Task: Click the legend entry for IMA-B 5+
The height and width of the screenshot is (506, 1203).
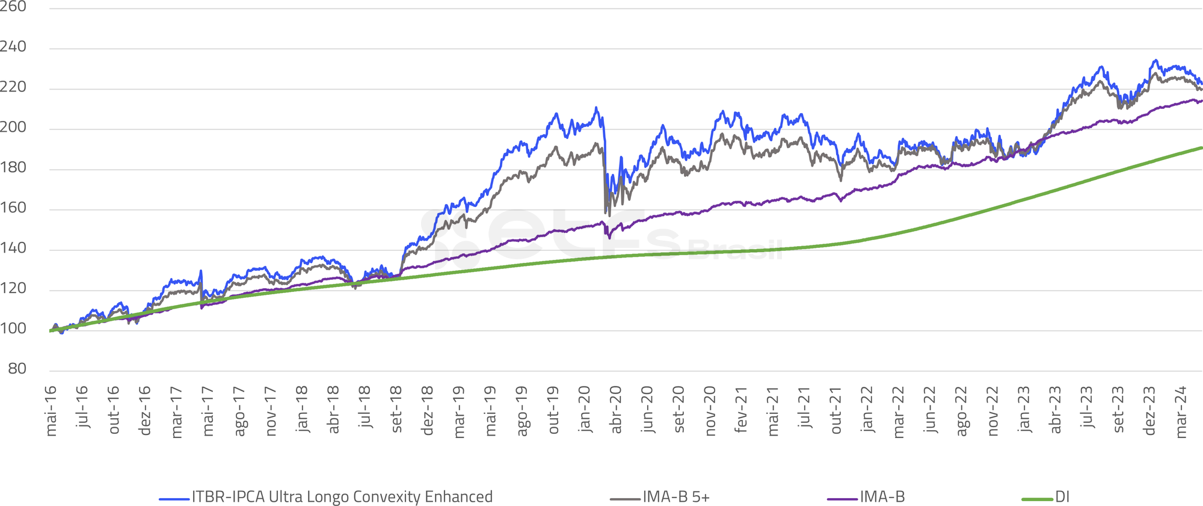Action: point(675,497)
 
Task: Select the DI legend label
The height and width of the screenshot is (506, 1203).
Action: point(1062,497)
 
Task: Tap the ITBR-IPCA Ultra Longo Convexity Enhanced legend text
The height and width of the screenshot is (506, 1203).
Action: point(342,497)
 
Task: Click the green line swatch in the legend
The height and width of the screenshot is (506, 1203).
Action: point(1038,499)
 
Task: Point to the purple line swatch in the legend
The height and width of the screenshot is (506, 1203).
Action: point(842,499)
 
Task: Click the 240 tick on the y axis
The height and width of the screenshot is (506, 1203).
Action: point(13,47)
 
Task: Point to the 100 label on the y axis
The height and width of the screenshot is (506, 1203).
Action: point(13,329)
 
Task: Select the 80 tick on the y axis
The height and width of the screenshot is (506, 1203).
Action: point(17,369)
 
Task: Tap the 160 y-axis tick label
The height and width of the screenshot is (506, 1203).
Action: point(13,208)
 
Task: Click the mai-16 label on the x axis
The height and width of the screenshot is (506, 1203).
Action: point(51,411)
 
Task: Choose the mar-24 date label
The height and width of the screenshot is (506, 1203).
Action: point(1181,412)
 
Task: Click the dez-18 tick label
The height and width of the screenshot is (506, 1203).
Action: point(428,411)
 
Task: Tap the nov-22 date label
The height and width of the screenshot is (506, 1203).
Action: point(993,411)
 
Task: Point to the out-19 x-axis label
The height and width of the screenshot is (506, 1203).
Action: point(553,410)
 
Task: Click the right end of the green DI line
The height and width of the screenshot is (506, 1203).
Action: point(1201,147)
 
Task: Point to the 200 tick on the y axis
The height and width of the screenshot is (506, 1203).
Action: point(13,127)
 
